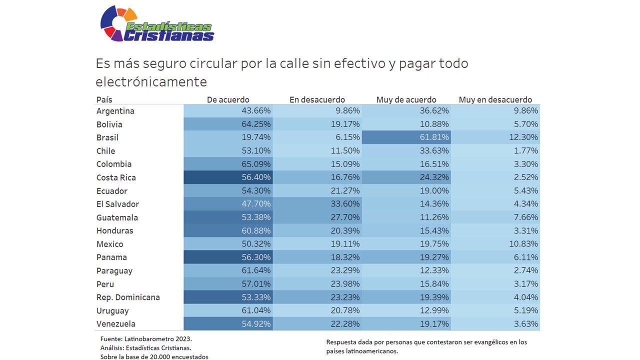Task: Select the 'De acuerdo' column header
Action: point(227,99)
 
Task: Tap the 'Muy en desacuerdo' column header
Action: point(495,99)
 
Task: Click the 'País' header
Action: point(104,99)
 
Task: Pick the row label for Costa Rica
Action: point(116,177)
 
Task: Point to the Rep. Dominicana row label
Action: point(128,297)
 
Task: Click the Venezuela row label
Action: point(116,324)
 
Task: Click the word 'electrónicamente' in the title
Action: point(151,81)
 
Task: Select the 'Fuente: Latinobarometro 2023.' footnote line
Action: point(146,338)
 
